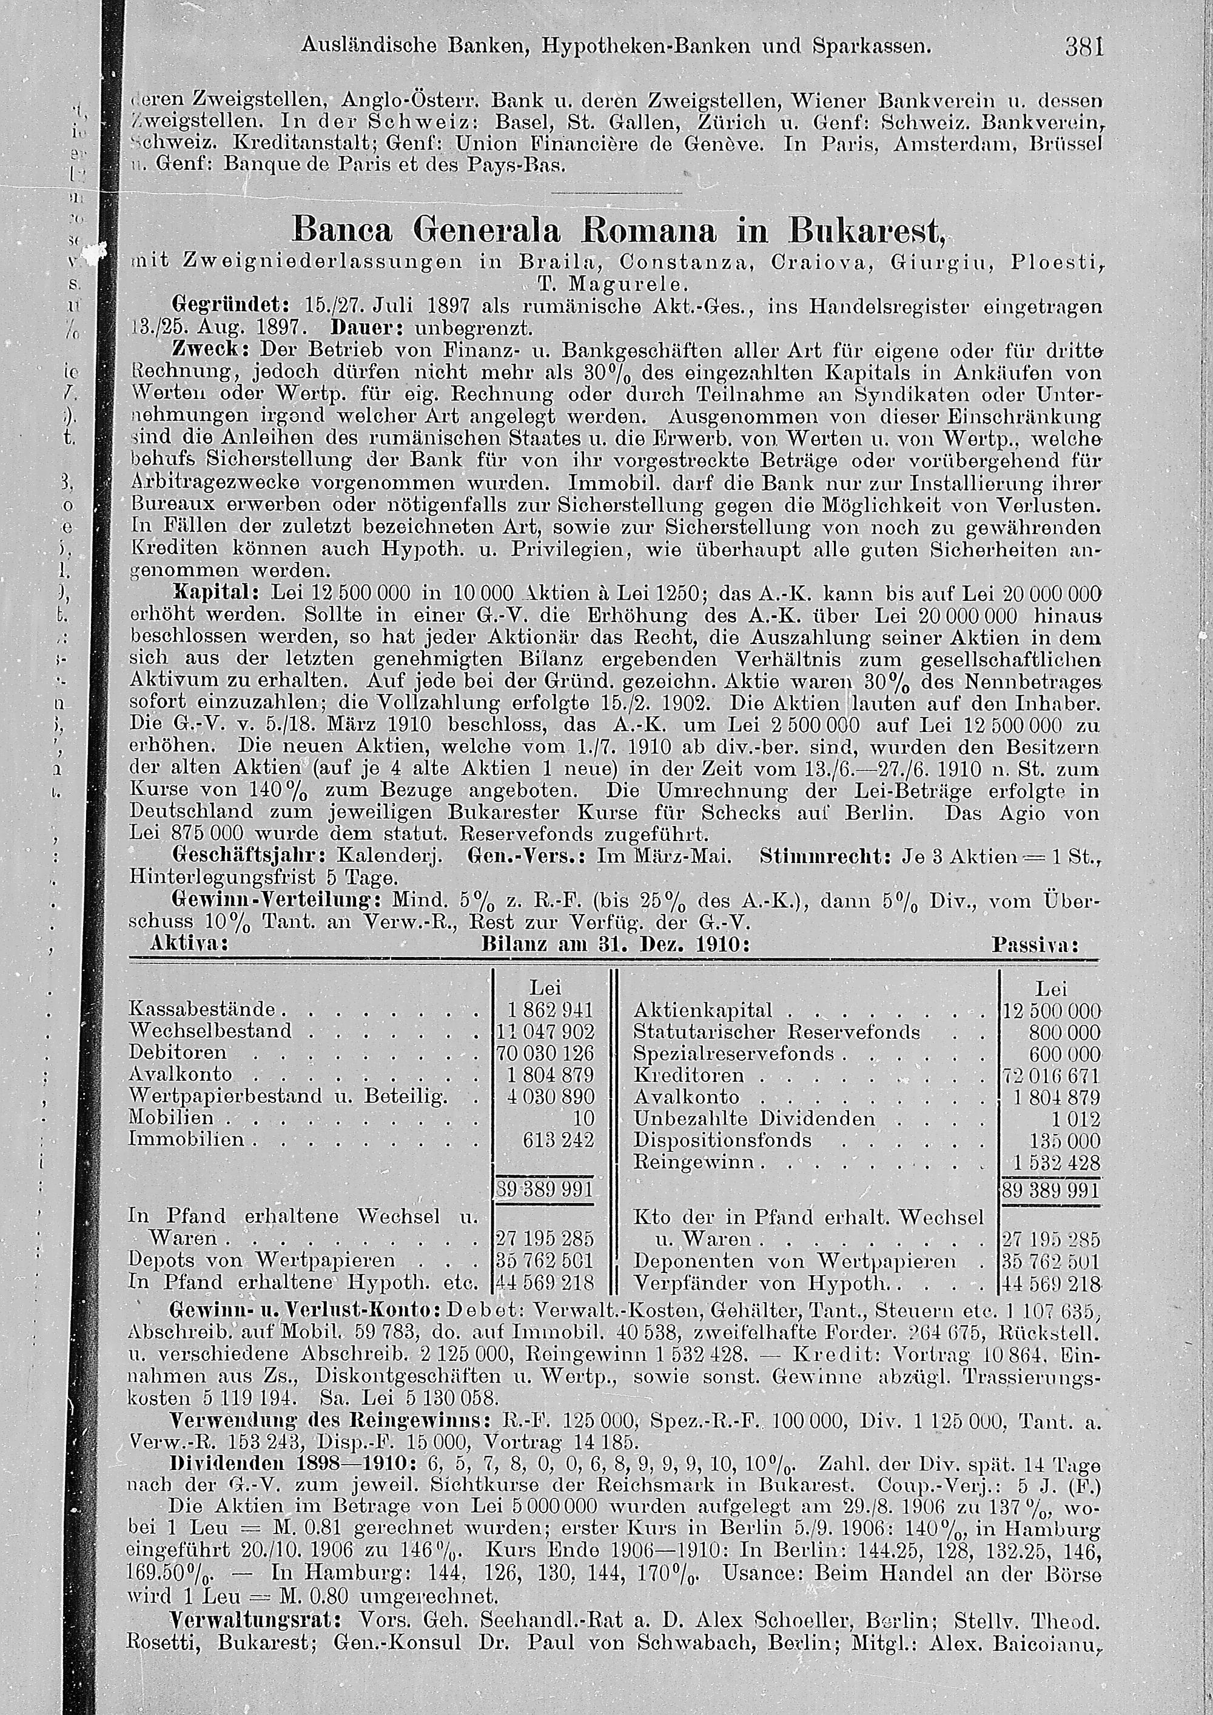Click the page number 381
coord(1084,47)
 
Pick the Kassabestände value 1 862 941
coord(551,1010)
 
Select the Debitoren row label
coord(178,1053)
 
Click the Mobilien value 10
coord(583,1118)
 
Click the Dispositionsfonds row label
coord(722,1141)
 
